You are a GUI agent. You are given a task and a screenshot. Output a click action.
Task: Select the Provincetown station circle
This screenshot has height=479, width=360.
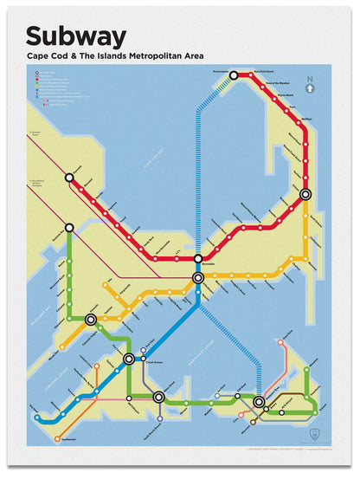pos(234,76)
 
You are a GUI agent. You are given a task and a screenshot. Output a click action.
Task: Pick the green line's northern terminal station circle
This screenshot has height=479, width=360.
pos(69,228)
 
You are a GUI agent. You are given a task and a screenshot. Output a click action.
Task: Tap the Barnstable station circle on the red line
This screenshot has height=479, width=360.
pos(198,257)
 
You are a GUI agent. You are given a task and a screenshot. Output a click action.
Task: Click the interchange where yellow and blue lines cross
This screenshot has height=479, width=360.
pos(198,278)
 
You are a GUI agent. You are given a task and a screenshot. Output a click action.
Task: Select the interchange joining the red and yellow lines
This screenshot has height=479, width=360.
pos(305,195)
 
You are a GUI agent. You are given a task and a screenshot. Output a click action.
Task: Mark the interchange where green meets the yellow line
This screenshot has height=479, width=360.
pos(91,320)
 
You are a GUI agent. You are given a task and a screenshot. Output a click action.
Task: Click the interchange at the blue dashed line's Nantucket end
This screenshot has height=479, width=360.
pos(259,401)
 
